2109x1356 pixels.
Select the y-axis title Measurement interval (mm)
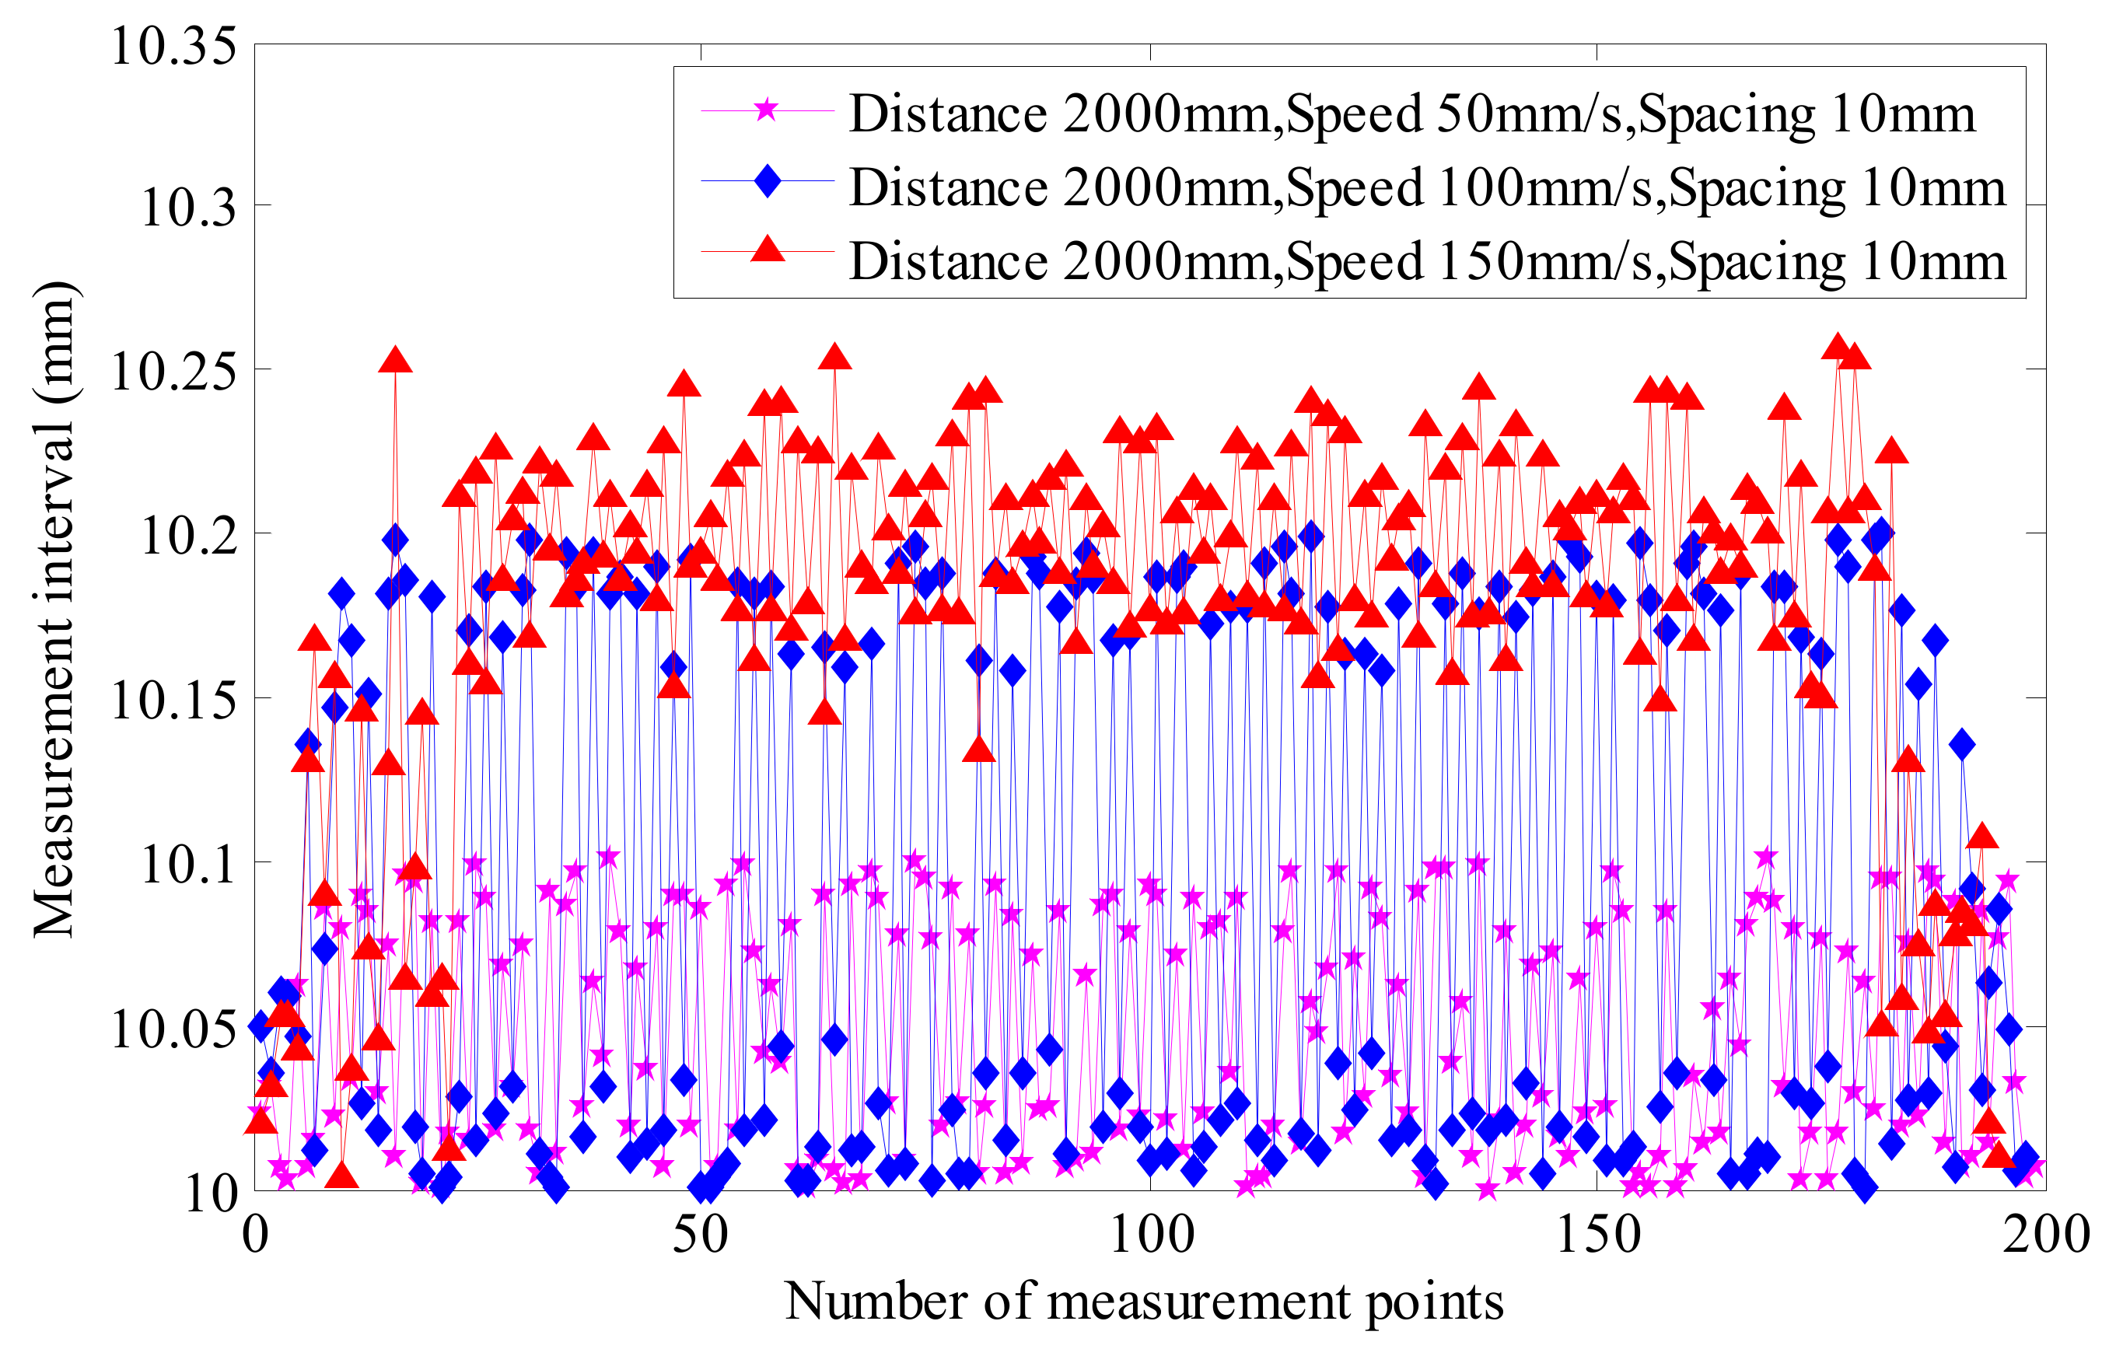[54, 610]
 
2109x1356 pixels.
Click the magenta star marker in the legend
[767, 111]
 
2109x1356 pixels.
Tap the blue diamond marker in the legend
[767, 181]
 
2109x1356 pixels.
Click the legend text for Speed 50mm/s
[1412, 114]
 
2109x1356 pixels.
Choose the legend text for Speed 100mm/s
[1426, 187]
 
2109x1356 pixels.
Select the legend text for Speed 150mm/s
[1426, 261]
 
